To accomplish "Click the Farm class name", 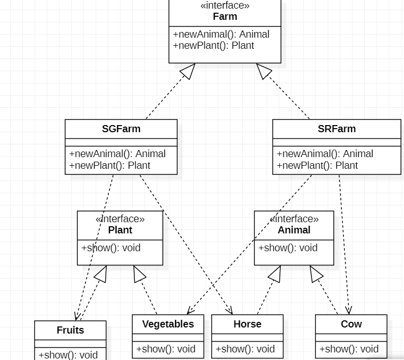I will click(x=225, y=16).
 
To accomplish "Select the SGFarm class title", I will click(x=121, y=129).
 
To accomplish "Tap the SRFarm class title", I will click(x=336, y=129).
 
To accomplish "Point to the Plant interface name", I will click(x=120, y=230).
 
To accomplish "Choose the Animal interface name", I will click(x=294, y=230).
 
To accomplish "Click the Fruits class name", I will click(x=70, y=330).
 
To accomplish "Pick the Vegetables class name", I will click(x=168, y=324).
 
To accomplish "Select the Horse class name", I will click(x=247, y=324).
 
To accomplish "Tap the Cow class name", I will click(x=351, y=324).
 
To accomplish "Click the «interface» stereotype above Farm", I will click(x=225, y=6).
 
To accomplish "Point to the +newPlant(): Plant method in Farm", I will click(x=214, y=45).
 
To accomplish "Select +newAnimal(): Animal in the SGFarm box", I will click(x=118, y=154).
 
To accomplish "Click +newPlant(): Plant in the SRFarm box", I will click(x=317, y=165).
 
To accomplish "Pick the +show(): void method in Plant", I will click(x=111, y=248).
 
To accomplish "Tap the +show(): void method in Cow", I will click(x=349, y=349).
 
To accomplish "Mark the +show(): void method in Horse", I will click(x=245, y=349).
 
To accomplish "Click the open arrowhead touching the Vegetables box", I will click(x=190, y=311).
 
